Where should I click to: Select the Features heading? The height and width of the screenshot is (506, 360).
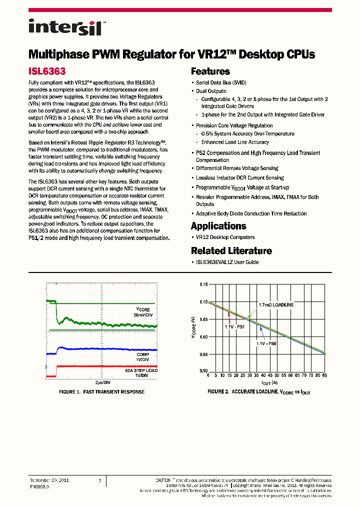[x=210, y=71]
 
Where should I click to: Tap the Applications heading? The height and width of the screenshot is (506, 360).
[x=218, y=226]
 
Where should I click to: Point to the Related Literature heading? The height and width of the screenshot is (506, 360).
[x=231, y=251]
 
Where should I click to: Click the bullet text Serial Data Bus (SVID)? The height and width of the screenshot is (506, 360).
[x=221, y=82]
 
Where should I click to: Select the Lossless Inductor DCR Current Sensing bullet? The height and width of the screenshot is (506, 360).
[x=239, y=177]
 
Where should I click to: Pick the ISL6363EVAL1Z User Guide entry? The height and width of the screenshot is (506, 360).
[x=227, y=262]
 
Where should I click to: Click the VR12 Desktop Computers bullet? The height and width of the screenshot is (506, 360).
[x=225, y=237]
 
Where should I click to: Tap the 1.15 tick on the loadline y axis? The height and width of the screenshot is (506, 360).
[x=203, y=284]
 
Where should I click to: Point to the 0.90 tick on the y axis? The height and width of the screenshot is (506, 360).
[x=203, y=370]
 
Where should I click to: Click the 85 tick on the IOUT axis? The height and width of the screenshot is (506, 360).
[x=325, y=375]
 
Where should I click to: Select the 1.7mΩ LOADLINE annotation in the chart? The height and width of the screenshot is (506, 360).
[x=276, y=304]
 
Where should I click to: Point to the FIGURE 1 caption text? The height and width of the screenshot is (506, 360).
[x=101, y=391]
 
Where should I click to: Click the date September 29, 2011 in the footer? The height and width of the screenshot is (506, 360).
[x=49, y=480]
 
